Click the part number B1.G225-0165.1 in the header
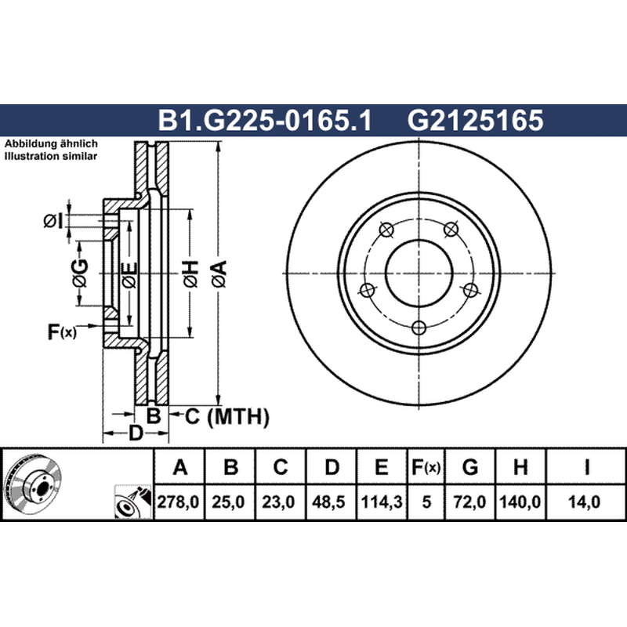(x=265, y=120)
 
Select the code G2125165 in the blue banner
(x=476, y=120)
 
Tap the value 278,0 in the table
(x=179, y=502)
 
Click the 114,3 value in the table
(x=382, y=502)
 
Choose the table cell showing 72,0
(x=469, y=502)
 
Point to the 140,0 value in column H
(x=520, y=502)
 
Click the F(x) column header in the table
(x=426, y=467)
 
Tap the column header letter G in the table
(x=469, y=466)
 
